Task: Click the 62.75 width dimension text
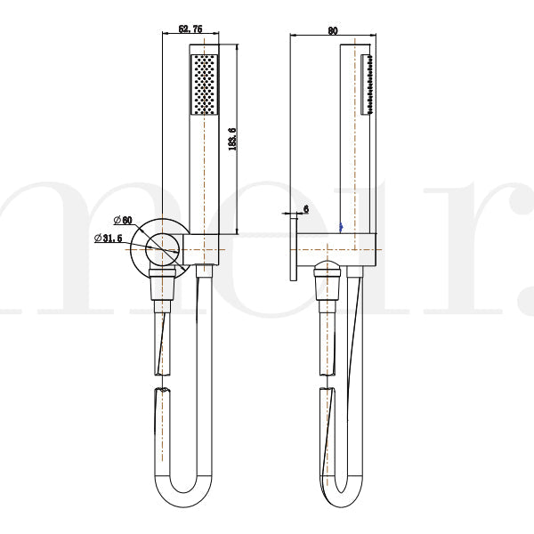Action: tap(190, 29)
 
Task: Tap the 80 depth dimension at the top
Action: tap(332, 30)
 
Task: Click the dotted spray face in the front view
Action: tap(204, 85)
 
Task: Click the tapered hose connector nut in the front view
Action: tap(160, 287)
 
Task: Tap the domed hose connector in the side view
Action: tap(328, 269)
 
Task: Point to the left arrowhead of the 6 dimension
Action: tap(287, 214)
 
